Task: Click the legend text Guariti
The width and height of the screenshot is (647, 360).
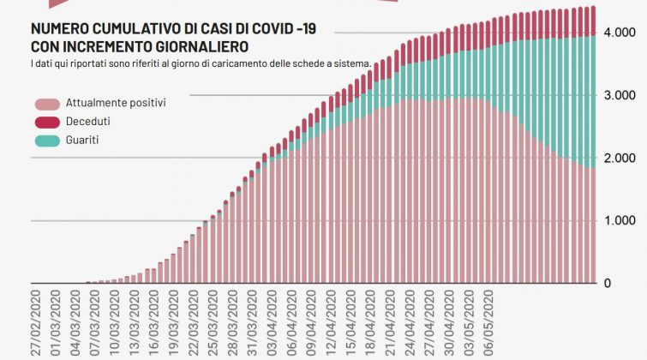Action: pos(82,139)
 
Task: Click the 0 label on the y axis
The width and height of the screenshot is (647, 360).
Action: pos(608,284)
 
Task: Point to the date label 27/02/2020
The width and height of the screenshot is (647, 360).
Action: pos(33,323)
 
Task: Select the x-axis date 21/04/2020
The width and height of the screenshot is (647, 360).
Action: pos(390,323)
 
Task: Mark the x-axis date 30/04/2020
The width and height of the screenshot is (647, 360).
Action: pos(450,323)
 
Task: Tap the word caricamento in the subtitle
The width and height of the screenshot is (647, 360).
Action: pos(241,64)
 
